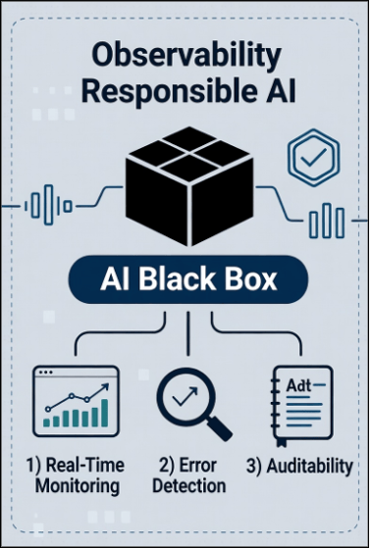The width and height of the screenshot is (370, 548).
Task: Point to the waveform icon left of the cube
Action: (42, 206)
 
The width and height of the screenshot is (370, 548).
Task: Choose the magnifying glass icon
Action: (189, 402)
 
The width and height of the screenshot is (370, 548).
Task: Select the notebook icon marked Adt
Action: (303, 403)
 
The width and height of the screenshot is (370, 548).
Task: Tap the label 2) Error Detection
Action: (189, 473)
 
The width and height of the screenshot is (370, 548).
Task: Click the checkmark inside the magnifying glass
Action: (183, 394)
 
